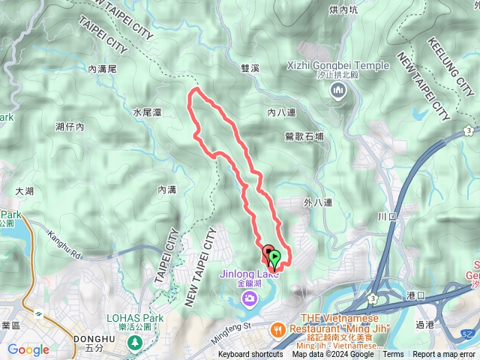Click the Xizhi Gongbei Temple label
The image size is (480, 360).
coord(338,66)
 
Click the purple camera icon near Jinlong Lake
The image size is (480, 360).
coord(249,299)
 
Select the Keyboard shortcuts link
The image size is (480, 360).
coord(250,355)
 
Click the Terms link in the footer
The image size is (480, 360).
coord(393,355)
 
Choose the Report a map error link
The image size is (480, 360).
coord(444,355)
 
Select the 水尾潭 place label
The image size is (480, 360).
coord(147,112)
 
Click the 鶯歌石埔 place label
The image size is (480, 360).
coord(304,136)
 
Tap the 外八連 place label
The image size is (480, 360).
coord(318,202)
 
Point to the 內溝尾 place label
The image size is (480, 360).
coord(103,68)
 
